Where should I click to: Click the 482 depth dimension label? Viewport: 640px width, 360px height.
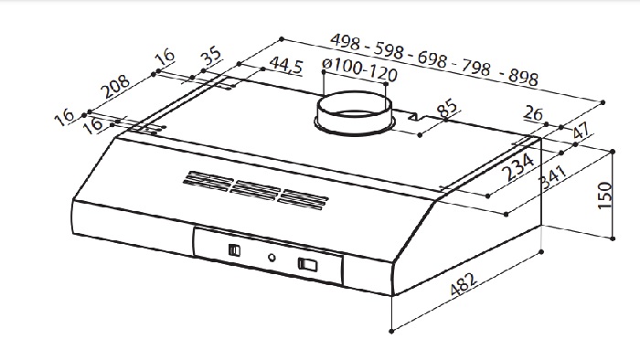click(x=464, y=284)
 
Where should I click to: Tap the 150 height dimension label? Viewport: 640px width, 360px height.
click(x=605, y=196)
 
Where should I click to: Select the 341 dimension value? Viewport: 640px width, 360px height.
click(x=553, y=178)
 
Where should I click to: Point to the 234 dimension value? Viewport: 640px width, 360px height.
click(x=519, y=166)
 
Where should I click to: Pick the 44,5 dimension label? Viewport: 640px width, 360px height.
click(x=286, y=65)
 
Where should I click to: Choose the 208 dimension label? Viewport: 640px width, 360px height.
click(x=116, y=87)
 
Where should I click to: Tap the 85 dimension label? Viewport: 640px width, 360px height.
click(x=447, y=108)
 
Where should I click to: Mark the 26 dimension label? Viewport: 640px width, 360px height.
click(x=533, y=113)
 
